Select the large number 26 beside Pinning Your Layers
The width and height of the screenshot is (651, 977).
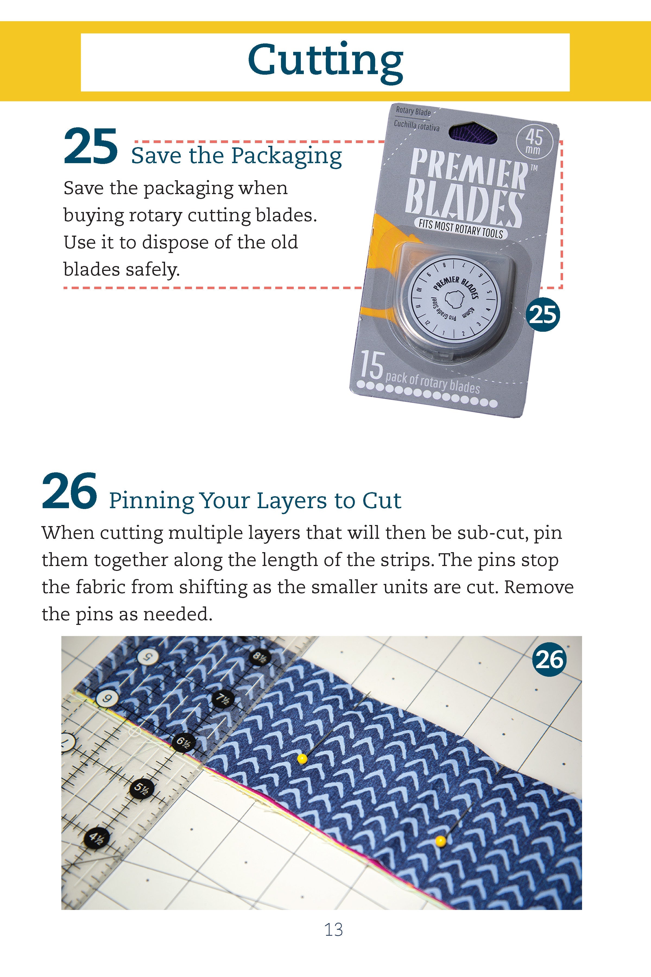70,491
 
